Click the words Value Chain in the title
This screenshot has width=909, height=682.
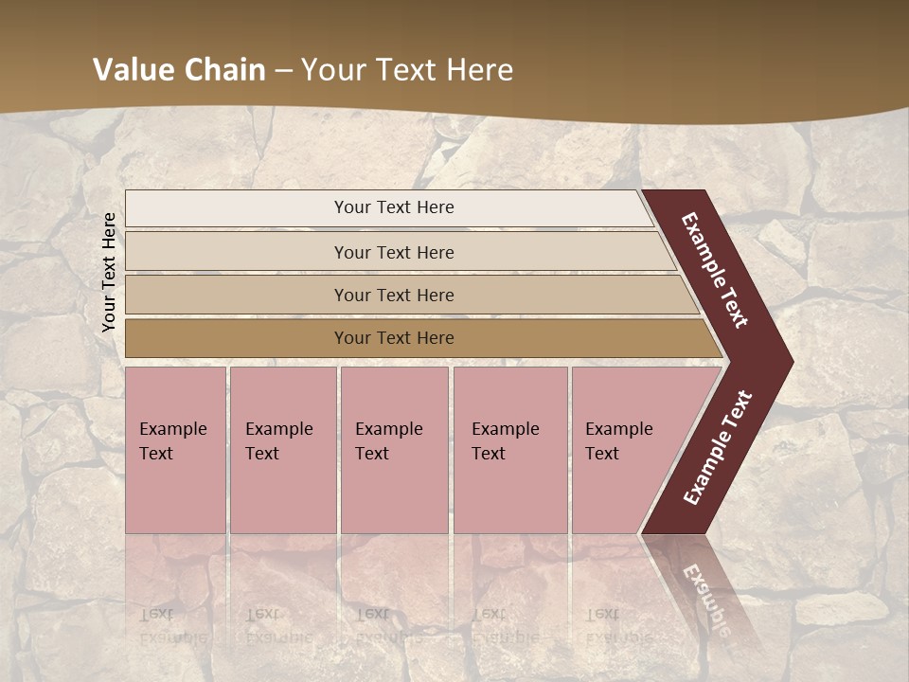pos(178,70)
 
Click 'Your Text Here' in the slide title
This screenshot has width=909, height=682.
pos(407,70)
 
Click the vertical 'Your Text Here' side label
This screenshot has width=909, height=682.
pos(109,272)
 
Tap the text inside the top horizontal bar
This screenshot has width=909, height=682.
pos(394,207)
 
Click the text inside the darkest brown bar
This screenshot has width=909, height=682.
pos(394,338)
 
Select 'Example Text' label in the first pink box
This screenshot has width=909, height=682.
pos(172,440)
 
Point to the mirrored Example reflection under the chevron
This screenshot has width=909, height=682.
pos(706,597)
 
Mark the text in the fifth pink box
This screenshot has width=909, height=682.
pos(618,440)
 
